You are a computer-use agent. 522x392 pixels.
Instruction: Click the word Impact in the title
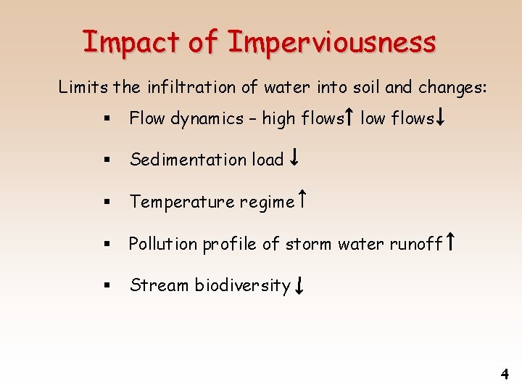[x=130, y=42]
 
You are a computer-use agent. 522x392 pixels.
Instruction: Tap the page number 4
[x=505, y=375]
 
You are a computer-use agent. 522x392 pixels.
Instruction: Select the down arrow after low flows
[x=440, y=118]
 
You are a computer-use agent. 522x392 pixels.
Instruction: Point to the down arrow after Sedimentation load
[x=294, y=159]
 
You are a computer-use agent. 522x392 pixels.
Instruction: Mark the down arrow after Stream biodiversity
[x=298, y=285]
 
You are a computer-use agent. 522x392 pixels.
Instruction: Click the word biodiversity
[x=242, y=286]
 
